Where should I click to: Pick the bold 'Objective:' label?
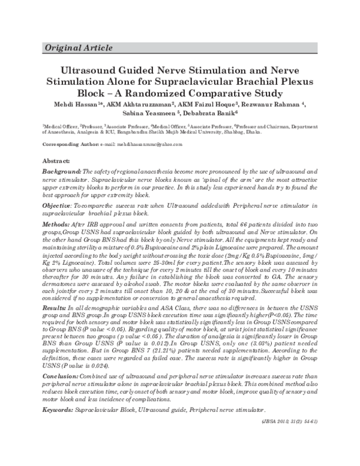[59, 205]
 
